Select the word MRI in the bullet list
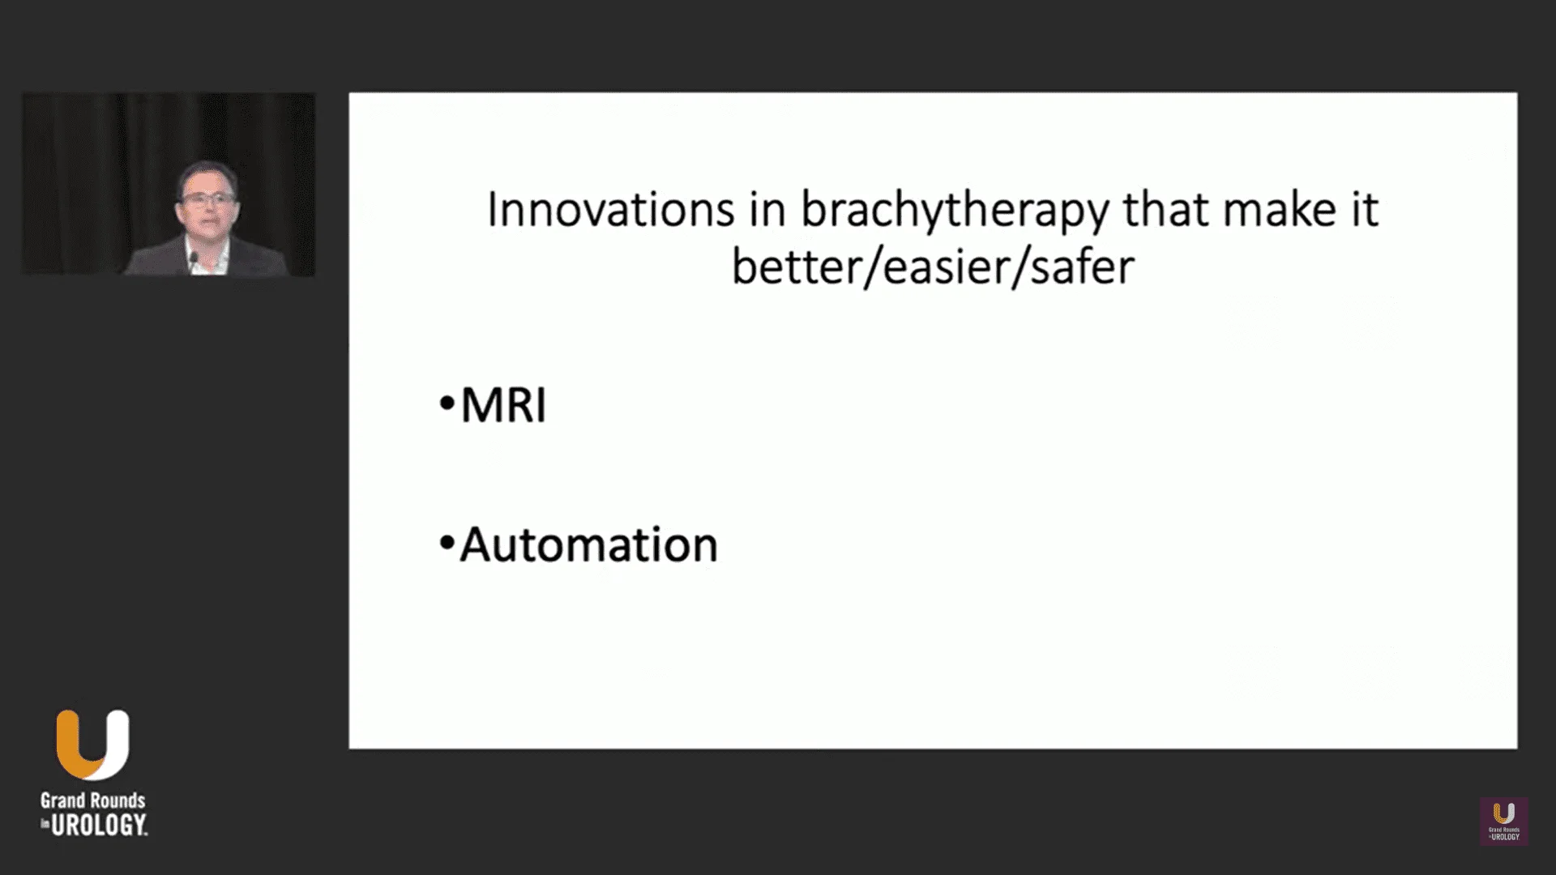coord(503,405)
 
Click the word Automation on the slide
coord(588,544)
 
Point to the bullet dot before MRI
coord(447,403)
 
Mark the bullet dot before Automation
coord(447,544)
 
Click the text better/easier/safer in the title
coord(933,267)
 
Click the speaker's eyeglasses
coord(207,198)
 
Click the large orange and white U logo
coord(92,745)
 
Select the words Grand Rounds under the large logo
coord(93,800)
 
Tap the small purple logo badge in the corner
coord(1504,822)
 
